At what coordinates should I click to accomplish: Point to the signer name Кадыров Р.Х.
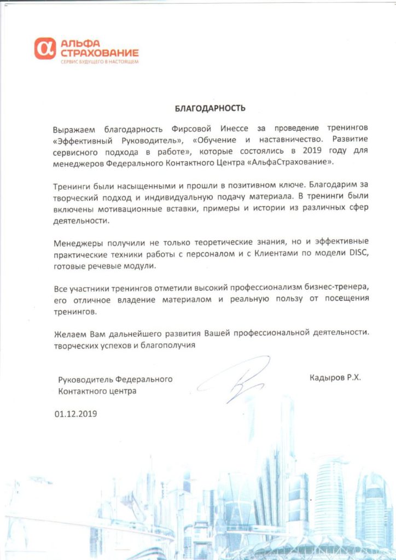pos(335,377)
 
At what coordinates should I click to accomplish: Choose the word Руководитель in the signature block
pos(84,379)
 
